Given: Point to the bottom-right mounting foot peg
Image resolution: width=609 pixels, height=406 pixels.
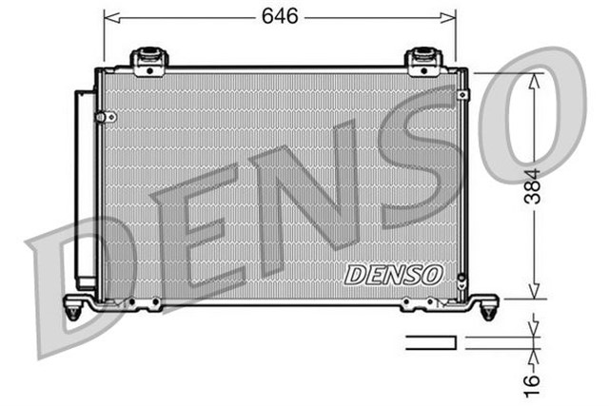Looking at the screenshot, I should [489, 309].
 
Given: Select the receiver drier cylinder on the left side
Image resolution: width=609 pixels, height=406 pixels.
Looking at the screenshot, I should [85, 190].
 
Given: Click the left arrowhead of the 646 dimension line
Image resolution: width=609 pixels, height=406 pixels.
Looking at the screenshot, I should [108, 17].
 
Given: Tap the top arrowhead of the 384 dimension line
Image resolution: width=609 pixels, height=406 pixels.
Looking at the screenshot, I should [535, 80].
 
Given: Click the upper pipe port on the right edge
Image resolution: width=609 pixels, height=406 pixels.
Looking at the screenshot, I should [463, 94].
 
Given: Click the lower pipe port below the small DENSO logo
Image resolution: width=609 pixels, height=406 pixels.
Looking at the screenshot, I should [461, 282].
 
